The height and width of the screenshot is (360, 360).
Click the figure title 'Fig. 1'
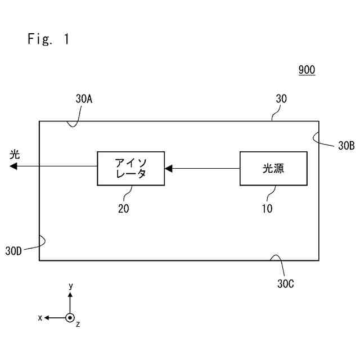click(x=48, y=39)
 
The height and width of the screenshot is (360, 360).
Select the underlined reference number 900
click(x=307, y=70)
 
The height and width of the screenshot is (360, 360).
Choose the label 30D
click(x=13, y=251)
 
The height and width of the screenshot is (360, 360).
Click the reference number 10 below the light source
click(x=267, y=208)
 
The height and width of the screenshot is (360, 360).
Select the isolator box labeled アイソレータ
click(x=130, y=168)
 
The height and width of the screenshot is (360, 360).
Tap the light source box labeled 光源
click(x=273, y=168)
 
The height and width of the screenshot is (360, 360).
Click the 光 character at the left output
click(x=15, y=154)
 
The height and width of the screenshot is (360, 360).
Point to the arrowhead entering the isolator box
click(x=168, y=168)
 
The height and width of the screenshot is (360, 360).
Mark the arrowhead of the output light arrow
click(x=13, y=166)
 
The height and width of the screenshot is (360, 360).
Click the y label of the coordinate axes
click(x=71, y=286)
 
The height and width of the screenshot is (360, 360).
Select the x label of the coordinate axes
click(x=40, y=318)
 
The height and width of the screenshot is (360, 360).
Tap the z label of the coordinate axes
click(x=78, y=325)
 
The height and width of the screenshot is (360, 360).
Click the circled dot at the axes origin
click(x=70, y=318)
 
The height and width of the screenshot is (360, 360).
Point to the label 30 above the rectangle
click(x=281, y=98)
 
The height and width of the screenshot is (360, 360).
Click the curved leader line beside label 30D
click(x=41, y=241)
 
